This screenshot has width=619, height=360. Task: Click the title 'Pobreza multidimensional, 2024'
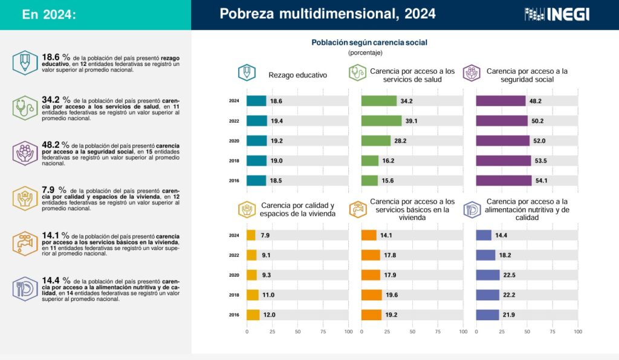pyautogui.click(x=327, y=14)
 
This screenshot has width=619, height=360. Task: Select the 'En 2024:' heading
pyautogui.click(x=49, y=14)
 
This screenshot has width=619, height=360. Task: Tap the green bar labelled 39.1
pyautogui.click(x=381, y=121)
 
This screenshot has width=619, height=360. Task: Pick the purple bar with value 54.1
pyautogui.click(x=504, y=181)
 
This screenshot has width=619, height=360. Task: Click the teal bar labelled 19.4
pyautogui.click(x=256, y=121)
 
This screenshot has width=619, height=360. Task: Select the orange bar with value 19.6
pyautogui.click(x=371, y=295)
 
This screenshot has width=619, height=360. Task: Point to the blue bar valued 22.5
pyautogui.click(x=487, y=275)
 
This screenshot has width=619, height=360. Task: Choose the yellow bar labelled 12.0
pyautogui.click(x=253, y=315)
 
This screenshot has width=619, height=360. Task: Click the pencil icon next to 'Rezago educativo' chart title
pyautogui.click(x=247, y=73)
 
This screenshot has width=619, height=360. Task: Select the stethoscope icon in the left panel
pyautogui.click(x=25, y=108)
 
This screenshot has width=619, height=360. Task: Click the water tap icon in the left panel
pyautogui.click(x=25, y=242)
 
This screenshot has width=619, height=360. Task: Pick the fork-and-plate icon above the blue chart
pyautogui.click(x=472, y=210)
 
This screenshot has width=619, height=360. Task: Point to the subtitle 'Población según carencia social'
pyautogui.click(x=369, y=43)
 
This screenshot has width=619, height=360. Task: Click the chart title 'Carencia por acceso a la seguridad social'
pyautogui.click(x=527, y=75)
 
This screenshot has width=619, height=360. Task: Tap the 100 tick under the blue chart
pyautogui.click(x=578, y=332)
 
